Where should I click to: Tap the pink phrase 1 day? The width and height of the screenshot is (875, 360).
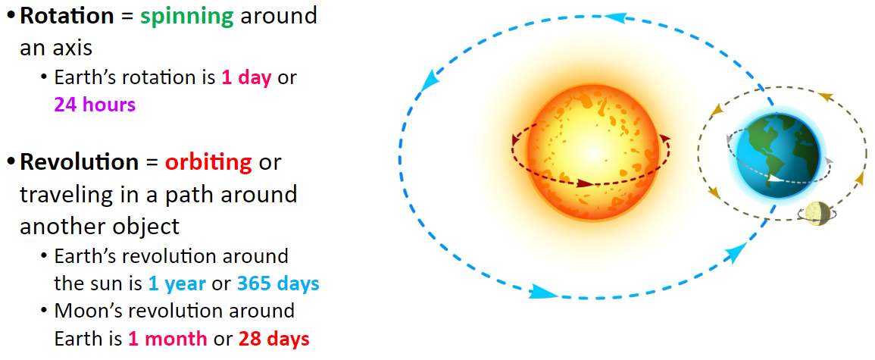pyautogui.click(x=246, y=78)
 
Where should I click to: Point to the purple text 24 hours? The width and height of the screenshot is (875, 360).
pyautogui.click(x=95, y=105)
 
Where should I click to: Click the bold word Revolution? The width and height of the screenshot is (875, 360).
pyautogui.click(x=80, y=162)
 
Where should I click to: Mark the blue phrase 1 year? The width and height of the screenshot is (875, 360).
pyautogui.click(x=177, y=284)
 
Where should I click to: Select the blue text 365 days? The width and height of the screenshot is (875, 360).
pyautogui.click(x=279, y=284)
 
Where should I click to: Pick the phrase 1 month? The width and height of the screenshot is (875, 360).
pyautogui.click(x=167, y=339)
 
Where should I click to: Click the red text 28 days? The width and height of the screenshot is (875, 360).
pyautogui.click(x=274, y=339)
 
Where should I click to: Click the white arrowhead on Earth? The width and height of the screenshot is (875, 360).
pyautogui.click(x=777, y=180)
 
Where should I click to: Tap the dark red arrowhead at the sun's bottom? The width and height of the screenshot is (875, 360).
pyautogui.click(x=585, y=183)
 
